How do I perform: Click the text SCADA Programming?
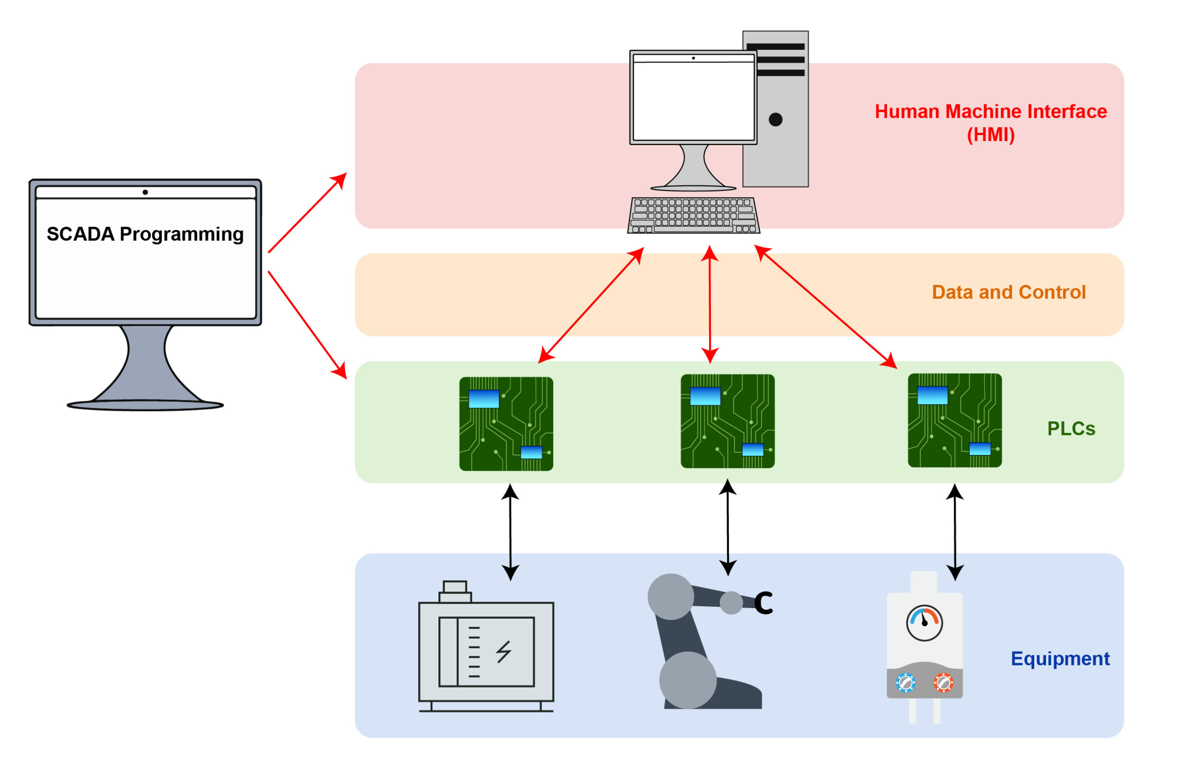click(x=145, y=234)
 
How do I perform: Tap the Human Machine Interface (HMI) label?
click(x=991, y=123)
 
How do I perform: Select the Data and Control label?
click(x=1008, y=292)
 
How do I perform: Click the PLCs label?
click(x=1071, y=428)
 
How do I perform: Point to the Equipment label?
click(x=1060, y=658)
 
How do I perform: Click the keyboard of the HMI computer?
click(x=693, y=215)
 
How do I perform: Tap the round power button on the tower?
click(x=776, y=119)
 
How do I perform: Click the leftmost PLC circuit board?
click(x=506, y=424)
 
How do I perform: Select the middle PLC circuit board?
click(x=728, y=421)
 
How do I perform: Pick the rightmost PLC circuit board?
click(x=955, y=420)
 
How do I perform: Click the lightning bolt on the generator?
click(x=504, y=652)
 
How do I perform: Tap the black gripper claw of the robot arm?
click(x=764, y=603)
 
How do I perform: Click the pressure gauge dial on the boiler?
click(x=925, y=623)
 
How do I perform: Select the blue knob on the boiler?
click(x=906, y=683)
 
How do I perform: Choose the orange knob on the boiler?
click(x=943, y=683)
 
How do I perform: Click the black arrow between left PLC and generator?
click(x=511, y=532)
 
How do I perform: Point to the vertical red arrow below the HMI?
click(x=710, y=304)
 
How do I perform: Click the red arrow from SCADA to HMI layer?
click(x=308, y=213)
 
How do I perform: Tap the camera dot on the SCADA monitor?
click(x=145, y=192)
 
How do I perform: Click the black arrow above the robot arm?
click(x=728, y=528)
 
